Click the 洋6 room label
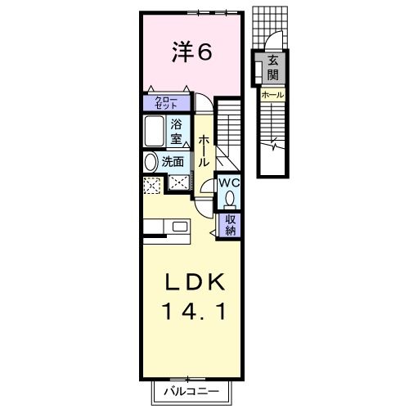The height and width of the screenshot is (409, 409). pos(192,52)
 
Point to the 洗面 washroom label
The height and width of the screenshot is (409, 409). pos(173,162)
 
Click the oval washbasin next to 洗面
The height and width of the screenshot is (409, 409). pos(150,162)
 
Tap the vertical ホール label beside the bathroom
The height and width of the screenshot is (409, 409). pos(204,151)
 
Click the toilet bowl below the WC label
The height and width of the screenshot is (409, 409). pos(230,199)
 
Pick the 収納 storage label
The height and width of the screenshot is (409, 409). pos(231,224)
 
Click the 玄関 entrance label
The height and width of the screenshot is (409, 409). pos(272,68)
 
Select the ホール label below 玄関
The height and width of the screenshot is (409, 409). pos(272,95)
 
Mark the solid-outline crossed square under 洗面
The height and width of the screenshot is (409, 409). pos(176,184)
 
